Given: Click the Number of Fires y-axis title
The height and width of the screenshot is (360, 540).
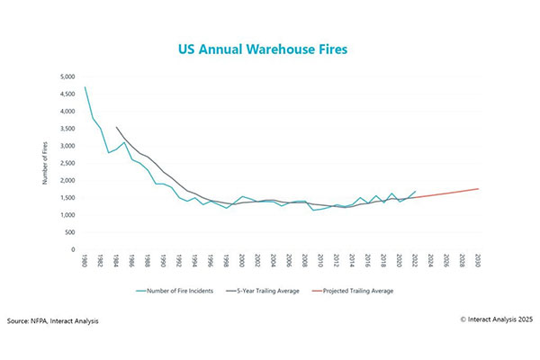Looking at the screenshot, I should [45, 163].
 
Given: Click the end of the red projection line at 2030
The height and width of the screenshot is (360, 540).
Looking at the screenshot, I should [477, 188].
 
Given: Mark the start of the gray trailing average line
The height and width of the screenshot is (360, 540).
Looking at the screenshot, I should [116, 127].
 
